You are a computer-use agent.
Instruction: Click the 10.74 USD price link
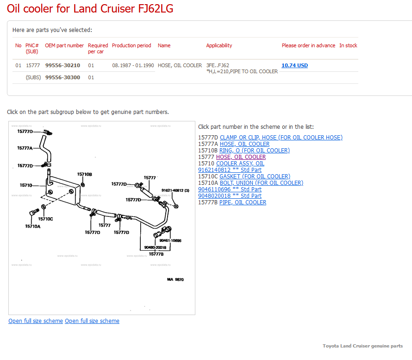tap(294, 65)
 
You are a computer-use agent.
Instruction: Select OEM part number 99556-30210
tap(62, 65)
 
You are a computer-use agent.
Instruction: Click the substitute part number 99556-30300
tap(62, 77)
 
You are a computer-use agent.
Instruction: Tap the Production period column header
tap(131, 45)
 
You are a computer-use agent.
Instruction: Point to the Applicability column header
tap(219, 45)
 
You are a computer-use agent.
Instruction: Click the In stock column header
tap(348, 45)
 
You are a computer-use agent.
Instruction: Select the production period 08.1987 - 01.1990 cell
tap(133, 65)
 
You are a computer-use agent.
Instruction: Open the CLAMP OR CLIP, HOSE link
tap(281, 138)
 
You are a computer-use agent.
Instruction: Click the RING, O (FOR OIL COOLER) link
tap(255, 151)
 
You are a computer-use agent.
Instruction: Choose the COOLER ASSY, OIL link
tap(240, 164)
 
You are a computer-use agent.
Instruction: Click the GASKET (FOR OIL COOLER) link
tap(255, 177)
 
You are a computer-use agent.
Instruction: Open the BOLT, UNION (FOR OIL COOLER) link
tap(262, 183)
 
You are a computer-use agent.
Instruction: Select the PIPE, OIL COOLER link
tap(243, 202)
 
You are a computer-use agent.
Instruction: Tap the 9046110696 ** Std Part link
tap(230, 189)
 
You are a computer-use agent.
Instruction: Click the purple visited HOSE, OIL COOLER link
tap(241, 157)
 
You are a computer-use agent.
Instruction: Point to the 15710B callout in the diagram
tap(85, 174)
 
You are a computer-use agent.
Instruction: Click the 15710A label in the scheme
tap(33, 227)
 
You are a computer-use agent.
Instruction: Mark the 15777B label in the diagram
tap(156, 254)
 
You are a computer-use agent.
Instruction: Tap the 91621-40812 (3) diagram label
tap(175, 190)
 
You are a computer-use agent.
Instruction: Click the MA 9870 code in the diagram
tap(175, 279)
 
